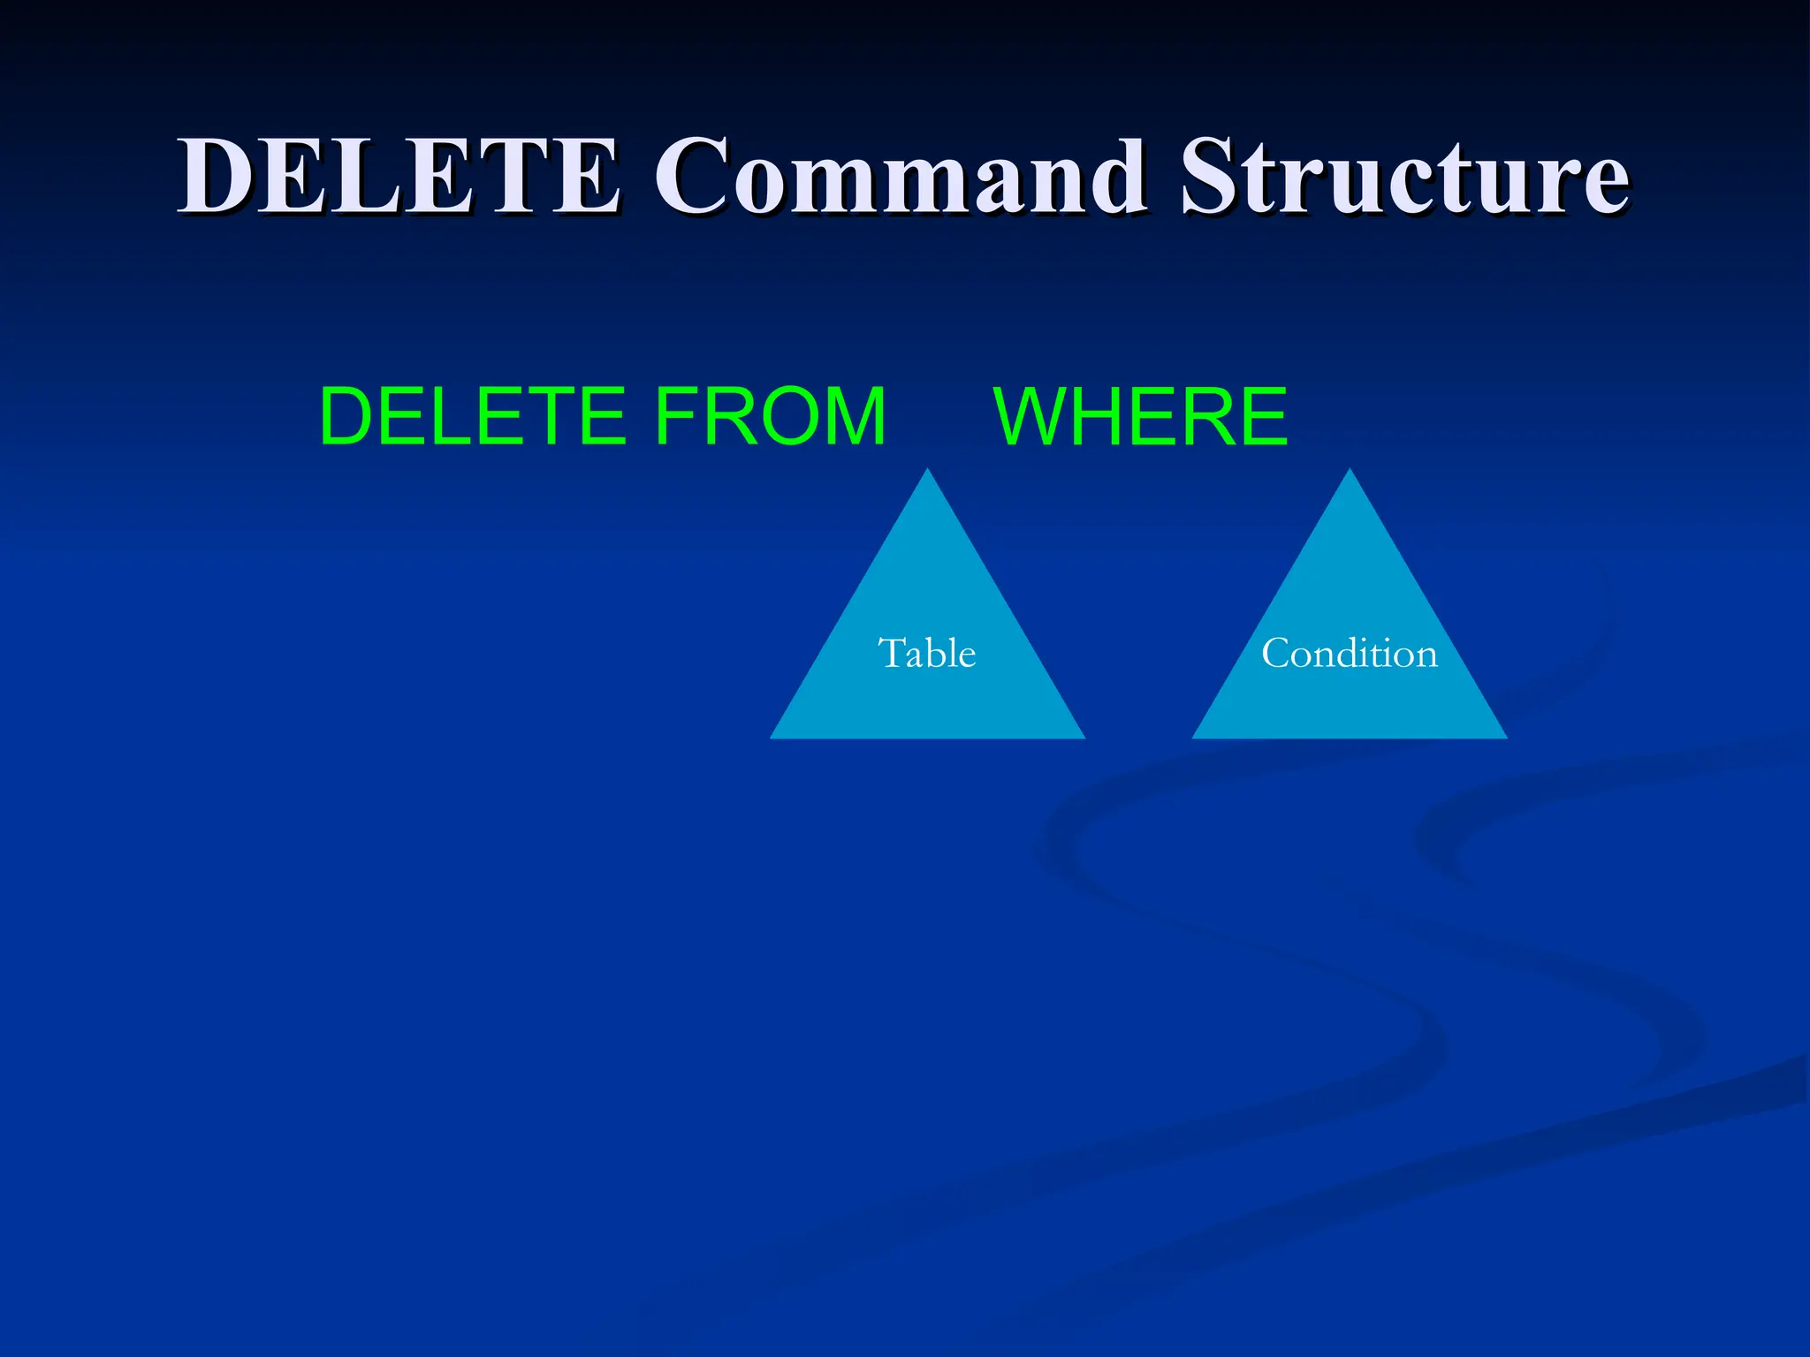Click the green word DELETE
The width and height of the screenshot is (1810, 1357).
pyautogui.click(x=473, y=416)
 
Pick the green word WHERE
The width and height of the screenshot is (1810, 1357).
pyautogui.click(x=1141, y=416)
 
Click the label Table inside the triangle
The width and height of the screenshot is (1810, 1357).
pyautogui.click(x=926, y=654)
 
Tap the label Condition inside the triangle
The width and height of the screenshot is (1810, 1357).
pyautogui.click(x=1349, y=654)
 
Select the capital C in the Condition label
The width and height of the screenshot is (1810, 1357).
pyautogui.click(x=1276, y=654)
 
